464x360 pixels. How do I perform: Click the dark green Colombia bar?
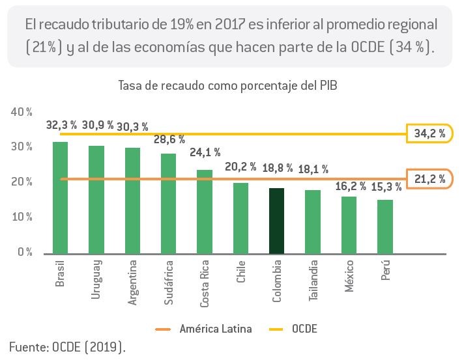277,221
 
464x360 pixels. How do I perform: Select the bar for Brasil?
60,198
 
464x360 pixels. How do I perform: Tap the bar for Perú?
385,227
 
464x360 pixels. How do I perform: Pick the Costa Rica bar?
205,212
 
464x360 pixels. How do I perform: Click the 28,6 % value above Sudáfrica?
169,139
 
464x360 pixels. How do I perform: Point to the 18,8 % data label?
278,168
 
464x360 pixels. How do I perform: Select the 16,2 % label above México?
351,186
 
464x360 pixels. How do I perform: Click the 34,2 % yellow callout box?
429,133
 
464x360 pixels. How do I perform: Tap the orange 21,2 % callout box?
429,179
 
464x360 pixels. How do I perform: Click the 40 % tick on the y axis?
22,112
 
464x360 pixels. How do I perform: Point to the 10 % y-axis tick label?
22,217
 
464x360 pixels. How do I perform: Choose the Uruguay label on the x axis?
96,280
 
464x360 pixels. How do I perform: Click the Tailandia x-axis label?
313,281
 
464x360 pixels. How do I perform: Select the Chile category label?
241,271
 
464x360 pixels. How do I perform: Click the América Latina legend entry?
203,329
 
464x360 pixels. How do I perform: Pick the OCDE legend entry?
293,329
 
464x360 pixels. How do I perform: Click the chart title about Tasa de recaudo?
227,86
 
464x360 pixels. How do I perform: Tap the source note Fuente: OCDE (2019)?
68,347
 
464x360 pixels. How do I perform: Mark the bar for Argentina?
132,201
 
